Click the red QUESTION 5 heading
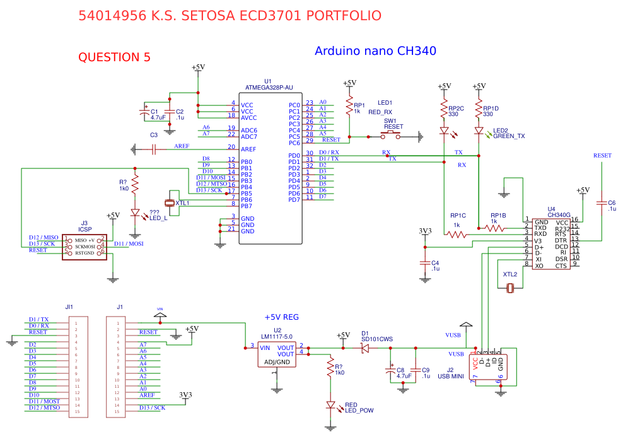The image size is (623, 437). click(114, 57)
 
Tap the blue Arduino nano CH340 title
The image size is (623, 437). click(375, 51)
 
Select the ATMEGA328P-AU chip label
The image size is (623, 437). click(269, 88)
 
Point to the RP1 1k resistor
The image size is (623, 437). click(348, 107)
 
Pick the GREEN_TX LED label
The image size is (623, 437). click(509, 136)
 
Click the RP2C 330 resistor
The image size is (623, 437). click(445, 109)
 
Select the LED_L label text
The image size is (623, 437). click(158, 218)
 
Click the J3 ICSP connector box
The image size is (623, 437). click(84, 246)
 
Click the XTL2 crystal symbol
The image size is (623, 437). click(511, 288)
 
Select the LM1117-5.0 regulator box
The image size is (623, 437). click(277, 354)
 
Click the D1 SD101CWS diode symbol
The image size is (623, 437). click(366, 348)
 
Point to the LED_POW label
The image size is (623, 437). click(359, 411)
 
